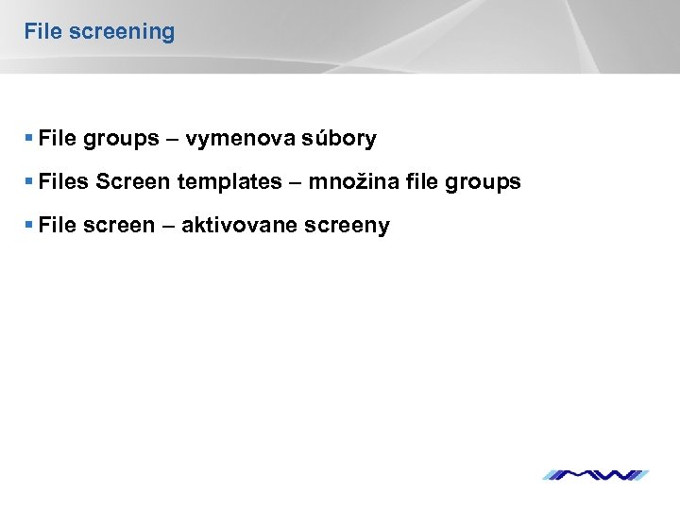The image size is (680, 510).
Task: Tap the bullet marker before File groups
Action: click(x=30, y=139)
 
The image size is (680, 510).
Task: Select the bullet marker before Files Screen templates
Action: click(x=30, y=182)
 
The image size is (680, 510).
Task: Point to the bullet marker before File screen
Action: click(x=30, y=226)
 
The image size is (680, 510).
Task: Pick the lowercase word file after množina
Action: click(x=420, y=182)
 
